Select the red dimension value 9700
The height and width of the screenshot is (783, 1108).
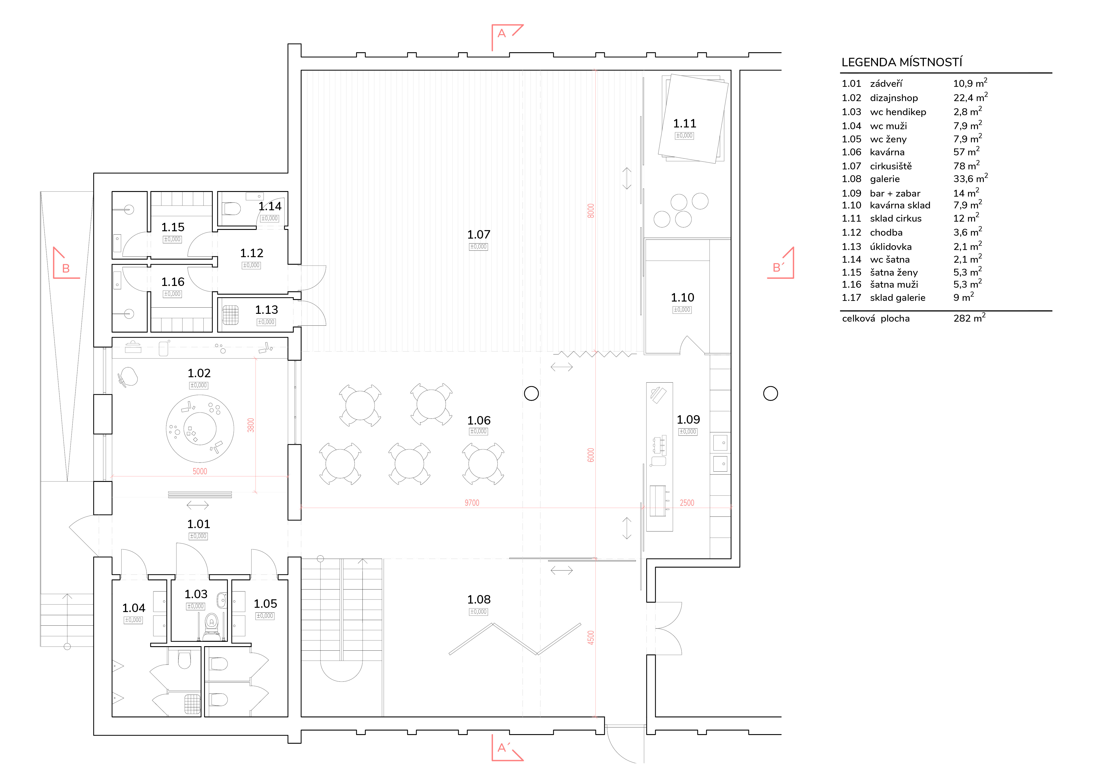tap(472, 503)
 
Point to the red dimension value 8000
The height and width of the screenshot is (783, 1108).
tap(591, 211)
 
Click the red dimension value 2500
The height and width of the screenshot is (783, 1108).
tap(687, 503)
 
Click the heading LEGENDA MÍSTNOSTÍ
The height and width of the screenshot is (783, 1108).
tap(901, 62)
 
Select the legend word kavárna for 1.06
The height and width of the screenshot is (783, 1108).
tap(887, 152)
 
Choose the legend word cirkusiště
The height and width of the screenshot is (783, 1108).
tap(891, 166)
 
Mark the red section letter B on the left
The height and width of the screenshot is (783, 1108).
tap(66, 269)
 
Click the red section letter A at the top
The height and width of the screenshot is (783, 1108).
tap(502, 33)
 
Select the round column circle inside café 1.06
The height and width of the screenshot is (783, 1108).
tap(531, 394)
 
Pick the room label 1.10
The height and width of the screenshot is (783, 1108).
tap(682, 298)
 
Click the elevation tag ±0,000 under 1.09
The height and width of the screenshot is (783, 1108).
tap(688, 431)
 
